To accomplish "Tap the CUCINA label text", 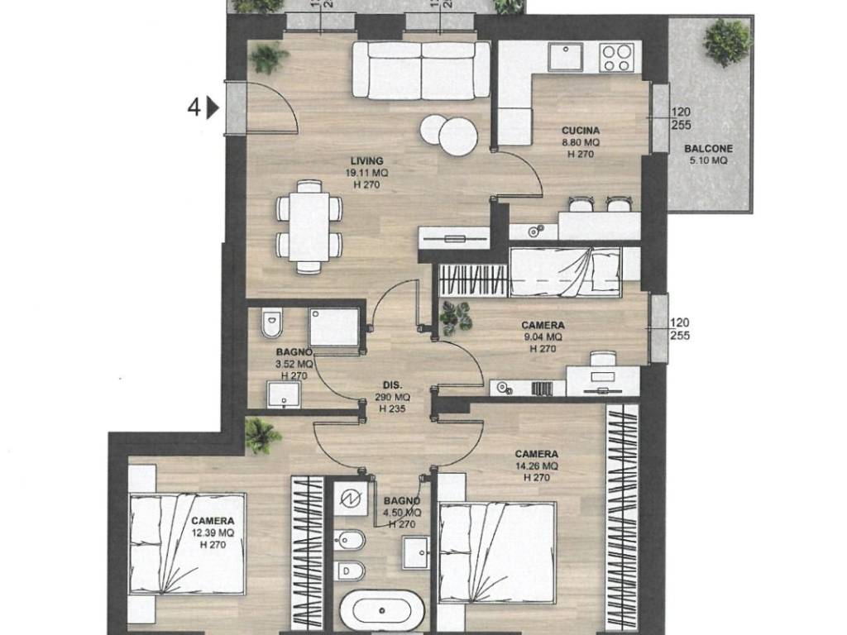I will pyautogui.click(x=580, y=131).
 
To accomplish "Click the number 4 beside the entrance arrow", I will pyautogui.click(x=194, y=107).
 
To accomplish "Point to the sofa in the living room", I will pyautogui.click(x=421, y=69).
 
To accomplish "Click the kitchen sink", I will pyautogui.click(x=568, y=58).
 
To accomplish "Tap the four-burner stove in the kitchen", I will pyautogui.click(x=617, y=57).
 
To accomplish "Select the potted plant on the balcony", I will pyautogui.click(x=727, y=41).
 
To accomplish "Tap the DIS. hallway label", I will pyautogui.click(x=393, y=385).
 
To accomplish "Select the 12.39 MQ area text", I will pyautogui.click(x=213, y=533).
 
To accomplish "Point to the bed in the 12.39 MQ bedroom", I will pyautogui.click(x=188, y=543).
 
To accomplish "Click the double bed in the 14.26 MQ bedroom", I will pyautogui.click(x=497, y=554).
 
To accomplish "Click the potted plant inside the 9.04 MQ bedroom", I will pyautogui.click(x=454, y=317).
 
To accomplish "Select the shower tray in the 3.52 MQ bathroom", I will pyautogui.click(x=333, y=327).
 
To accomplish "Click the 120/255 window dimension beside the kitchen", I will pyautogui.click(x=681, y=118).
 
